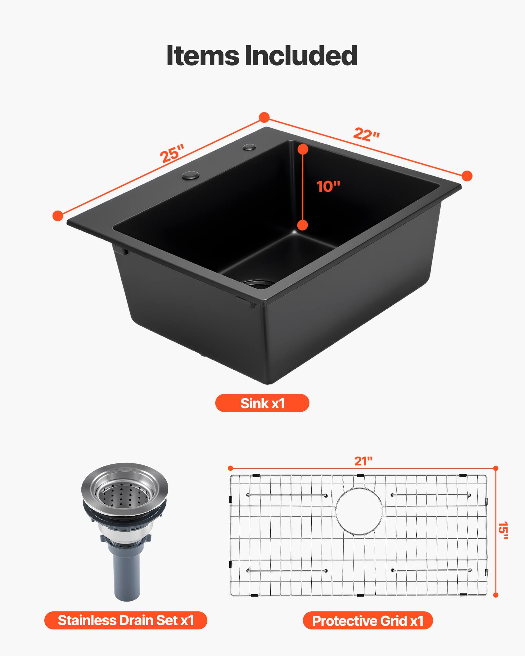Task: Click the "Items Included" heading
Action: pyautogui.click(x=262, y=55)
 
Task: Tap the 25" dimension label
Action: pyautogui.click(x=172, y=153)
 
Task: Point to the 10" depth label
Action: pyautogui.click(x=328, y=186)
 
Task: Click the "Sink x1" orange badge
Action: pyautogui.click(x=262, y=403)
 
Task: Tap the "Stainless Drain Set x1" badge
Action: pyautogui.click(x=126, y=620)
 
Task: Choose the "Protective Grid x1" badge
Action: pyautogui.click(x=368, y=621)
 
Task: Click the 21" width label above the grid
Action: pyautogui.click(x=363, y=461)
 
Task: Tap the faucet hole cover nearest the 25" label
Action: pyautogui.click(x=191, y=175)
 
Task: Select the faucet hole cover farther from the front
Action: pyautogui.click(x=250, y=147)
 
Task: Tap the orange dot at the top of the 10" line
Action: pyautogui.click(x=303, y=149)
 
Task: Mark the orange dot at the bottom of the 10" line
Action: pyautogui.click(x=303, y=225)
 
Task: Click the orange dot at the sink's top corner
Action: pyautogui.click(x=264, y=117)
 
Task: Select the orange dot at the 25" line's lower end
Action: pyautogui.click(x=58, y=215)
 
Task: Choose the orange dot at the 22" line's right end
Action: pyautogui.click(x=467, y=176)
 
